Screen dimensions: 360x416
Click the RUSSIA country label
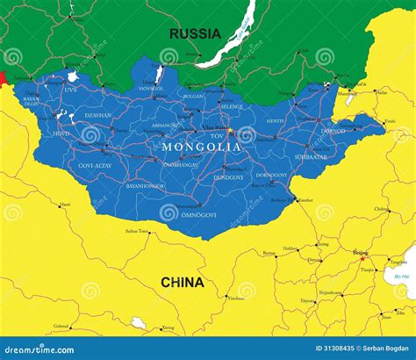coord(195,34)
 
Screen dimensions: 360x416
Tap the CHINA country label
coord(182,283)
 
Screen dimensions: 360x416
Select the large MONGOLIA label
coord(202,147)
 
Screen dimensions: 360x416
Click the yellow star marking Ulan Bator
coord(230,131)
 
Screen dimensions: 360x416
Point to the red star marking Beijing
coord(362,258)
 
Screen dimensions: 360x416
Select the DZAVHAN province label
coord(97,115)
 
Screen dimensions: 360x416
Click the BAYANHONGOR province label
coord(146,186)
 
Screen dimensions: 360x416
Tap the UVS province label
coord(70,89)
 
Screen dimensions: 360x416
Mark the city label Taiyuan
coord(308,300)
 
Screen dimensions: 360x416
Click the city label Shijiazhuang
coord(331,292)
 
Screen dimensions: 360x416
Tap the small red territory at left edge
coord(3,78)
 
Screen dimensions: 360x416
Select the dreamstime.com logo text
coord(40,349)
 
